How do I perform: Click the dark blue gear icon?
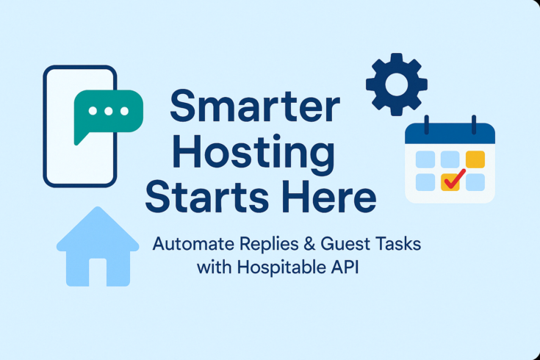tap(397, 84)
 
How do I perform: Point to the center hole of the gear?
tap(397, 84)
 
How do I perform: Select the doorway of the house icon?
tap(98, 273)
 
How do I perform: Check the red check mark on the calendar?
tap(453, 179)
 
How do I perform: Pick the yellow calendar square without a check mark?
tap(475, 158)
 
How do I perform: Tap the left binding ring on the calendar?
tap(428, 123)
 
